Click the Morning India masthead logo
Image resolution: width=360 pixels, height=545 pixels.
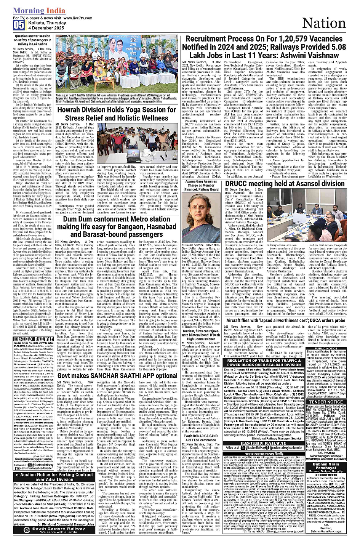tap(39, 11)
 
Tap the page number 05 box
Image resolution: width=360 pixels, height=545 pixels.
tap(18, 25)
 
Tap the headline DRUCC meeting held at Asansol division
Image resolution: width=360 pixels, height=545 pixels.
tap(285, 183)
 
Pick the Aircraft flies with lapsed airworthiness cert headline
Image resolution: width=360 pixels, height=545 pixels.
tap(285, 321)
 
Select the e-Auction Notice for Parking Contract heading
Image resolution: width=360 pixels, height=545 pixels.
tap(54, 478)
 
